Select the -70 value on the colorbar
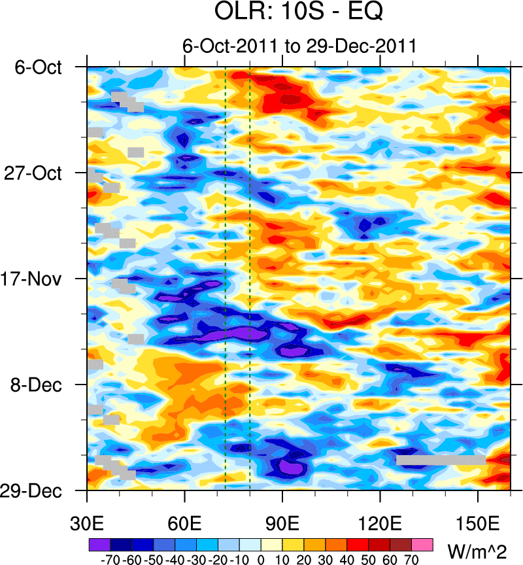[x=110, y=560]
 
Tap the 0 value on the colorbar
[x=261, y=560]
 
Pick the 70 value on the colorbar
[x=412, y=560]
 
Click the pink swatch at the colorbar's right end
[x=422, y=544]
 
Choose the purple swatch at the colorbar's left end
[x=99, y=544]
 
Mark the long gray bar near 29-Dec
[x=441, y=460]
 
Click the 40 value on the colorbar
[x=347, y=560]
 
